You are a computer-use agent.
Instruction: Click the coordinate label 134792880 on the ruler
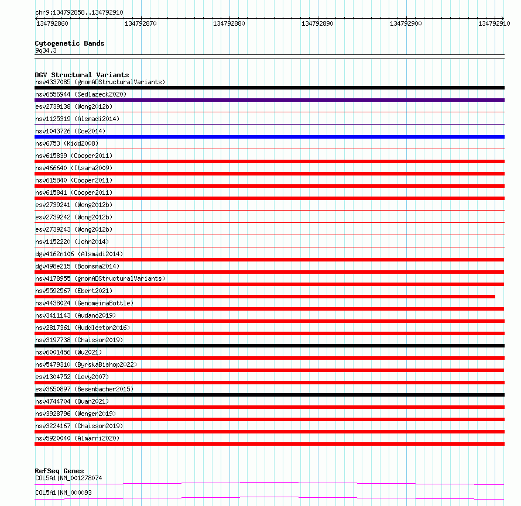coord(229,23)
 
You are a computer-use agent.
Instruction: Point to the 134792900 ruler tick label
coord(406,23)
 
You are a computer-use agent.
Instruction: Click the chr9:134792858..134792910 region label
coord(79,12)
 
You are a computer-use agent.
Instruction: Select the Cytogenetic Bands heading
coord(70,43)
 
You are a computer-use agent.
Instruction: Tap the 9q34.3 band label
coord(46,50)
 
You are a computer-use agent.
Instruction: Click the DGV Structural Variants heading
coord(82,75)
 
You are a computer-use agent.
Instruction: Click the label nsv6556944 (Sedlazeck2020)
coord(81,94)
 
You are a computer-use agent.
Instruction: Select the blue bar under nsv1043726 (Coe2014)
coord(269,137)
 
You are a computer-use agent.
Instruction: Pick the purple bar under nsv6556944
coord(269,100)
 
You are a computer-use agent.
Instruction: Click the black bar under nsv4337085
coord(269,88)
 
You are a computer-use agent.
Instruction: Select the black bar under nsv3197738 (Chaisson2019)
coord(269,346)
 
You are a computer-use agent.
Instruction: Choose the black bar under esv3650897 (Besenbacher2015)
coord(269,395)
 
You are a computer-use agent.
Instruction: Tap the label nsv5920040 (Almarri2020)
coord(77,438)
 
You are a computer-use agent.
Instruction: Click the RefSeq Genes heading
coord(59,471)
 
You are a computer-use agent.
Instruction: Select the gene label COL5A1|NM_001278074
coord(68,478)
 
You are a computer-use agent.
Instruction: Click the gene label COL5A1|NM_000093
coord(63,493)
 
